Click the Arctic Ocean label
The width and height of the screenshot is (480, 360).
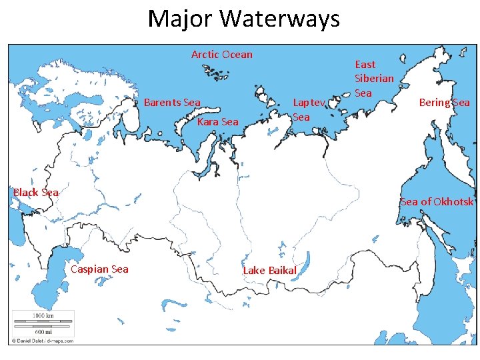pyautogui.click(x=221, y=55)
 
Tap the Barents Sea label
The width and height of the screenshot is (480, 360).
pyautogui.click(x=172, y=103)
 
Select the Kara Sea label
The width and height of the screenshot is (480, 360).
pyautogui.click(x=217, y=122)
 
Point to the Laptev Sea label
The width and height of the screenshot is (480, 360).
pyautogui.click(x=309, y=110)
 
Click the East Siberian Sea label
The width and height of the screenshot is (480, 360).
pyautogui.click(x=374, y=79)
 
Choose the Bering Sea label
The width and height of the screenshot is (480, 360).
pyautogui.click(x=444, y=103)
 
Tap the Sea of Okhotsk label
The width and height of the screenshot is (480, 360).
pyautogui.click(x=437, y=202)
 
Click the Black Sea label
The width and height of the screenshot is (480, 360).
pyautogui.click(x=36, y=193)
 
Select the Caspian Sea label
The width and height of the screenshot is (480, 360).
pyautogui.click(x=99, y=269)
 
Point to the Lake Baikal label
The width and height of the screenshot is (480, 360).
pyautogui.click(x=269, y=270)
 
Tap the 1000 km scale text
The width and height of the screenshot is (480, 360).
pyautogui.click(x=43, y=315)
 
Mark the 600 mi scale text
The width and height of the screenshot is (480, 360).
pyautogui.click(x=43, y=331)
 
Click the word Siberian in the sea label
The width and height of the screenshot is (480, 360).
pyautogui.click(x=374, y=79)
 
